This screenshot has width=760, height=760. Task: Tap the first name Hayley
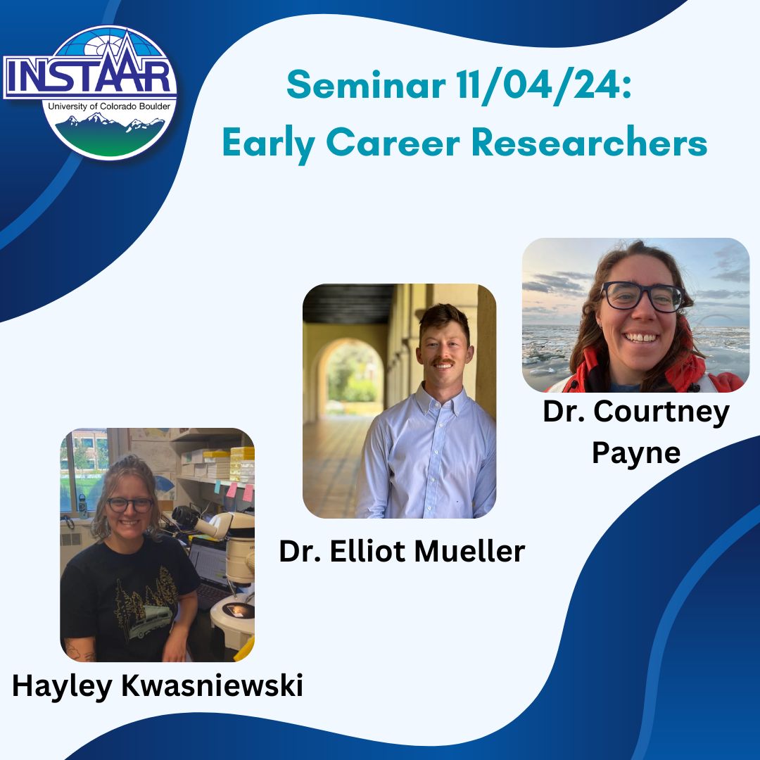[x=61, y=686]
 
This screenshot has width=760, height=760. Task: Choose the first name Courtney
[x=666, y=412]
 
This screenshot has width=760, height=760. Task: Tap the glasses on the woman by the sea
[x=642, y=296]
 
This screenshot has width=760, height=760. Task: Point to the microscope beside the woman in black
[x=211, y=524]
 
